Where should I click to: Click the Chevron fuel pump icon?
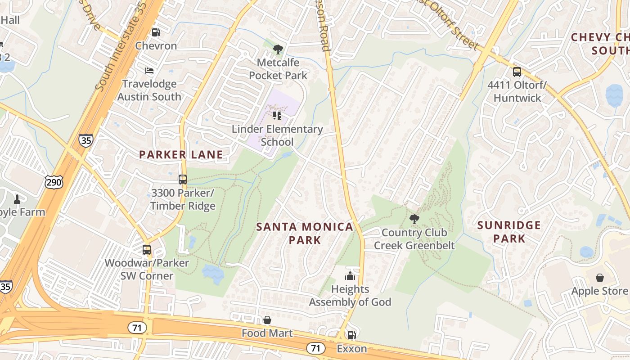[156, 32]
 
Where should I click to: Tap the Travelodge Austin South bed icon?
[149, 71]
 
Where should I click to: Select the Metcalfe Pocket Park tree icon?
[278, 49]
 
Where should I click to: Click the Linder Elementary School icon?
[277, 116]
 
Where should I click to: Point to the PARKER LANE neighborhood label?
[181, 155]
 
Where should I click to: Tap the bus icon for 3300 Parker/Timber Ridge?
[183, 180]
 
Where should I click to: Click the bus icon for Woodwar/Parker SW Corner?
[147, 250]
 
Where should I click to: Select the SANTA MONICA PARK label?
[305, 233]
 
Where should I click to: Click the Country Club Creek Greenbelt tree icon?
[414, 220]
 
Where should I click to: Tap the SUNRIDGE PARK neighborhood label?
[509, 231]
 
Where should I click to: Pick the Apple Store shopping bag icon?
[599, 278]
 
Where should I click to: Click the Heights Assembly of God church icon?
[350, 276]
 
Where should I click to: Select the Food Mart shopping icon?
[267, 320]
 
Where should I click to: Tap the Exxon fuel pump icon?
[351, 335]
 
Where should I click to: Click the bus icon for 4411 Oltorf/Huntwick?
[517, 72]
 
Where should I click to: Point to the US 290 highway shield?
[54, 182]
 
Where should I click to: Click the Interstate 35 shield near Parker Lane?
[85, 140]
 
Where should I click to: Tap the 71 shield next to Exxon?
[316, 348]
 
